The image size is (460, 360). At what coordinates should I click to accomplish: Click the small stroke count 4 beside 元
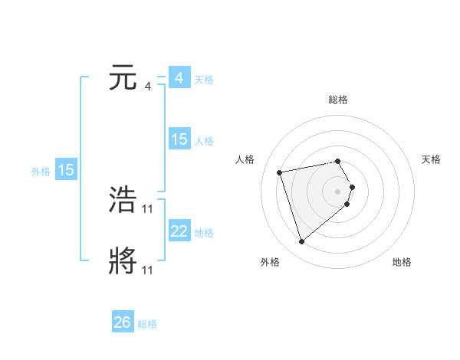coord(147,87)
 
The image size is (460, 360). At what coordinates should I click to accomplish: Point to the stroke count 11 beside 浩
coord(148,209)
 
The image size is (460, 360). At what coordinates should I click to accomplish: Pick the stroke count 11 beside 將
coord(148,270)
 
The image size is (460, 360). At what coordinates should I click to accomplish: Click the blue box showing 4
coord(179,78)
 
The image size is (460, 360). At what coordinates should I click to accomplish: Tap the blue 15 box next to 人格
coord(179,139)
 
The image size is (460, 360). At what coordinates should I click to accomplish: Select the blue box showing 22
coord(179,231)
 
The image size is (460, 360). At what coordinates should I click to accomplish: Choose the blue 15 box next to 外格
coord(66,170)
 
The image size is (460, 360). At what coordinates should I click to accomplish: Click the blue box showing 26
coord(122,322)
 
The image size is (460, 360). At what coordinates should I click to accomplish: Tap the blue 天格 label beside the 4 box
coord(204,80)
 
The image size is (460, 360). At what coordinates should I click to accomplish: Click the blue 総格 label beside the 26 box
coord(147,324)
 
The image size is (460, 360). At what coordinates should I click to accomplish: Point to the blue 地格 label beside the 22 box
coord(204,233)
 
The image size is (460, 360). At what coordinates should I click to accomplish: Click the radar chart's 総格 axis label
coord(338,100)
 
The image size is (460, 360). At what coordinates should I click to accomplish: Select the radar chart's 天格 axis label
coord(431,159)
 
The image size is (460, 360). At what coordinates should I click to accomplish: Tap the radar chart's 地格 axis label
coord(402,262)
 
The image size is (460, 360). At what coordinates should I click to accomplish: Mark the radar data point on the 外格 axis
coord(302,242)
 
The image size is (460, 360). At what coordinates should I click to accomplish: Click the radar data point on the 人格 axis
coord(280,172)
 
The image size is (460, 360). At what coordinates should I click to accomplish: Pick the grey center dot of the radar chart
coord(338,191)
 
